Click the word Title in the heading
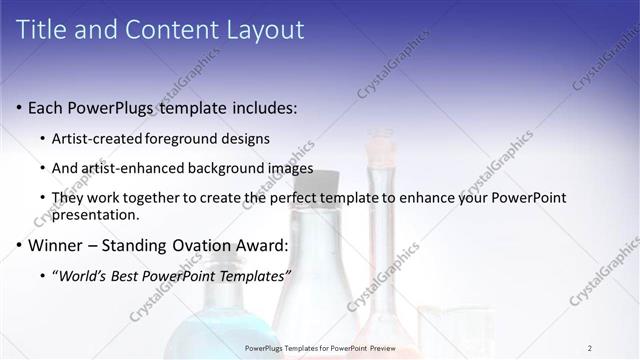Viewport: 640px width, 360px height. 41,30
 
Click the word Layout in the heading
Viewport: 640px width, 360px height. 265,30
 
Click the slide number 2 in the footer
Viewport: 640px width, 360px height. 590,347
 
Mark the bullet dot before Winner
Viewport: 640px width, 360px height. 19,246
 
